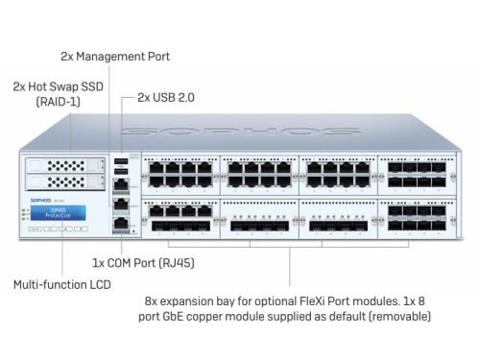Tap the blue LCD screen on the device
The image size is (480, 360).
pyautogui.click(x=57, y=212)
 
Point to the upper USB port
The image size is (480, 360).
pyautogui.click(x=121, y=161)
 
